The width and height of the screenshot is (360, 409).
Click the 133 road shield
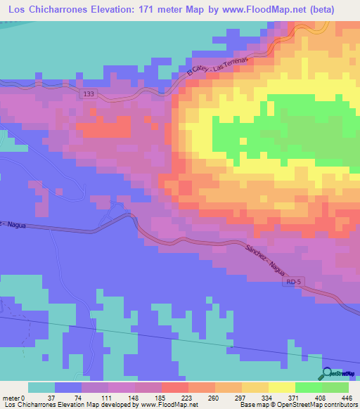[88, 93]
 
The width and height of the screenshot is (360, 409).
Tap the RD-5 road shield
[294, 282]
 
